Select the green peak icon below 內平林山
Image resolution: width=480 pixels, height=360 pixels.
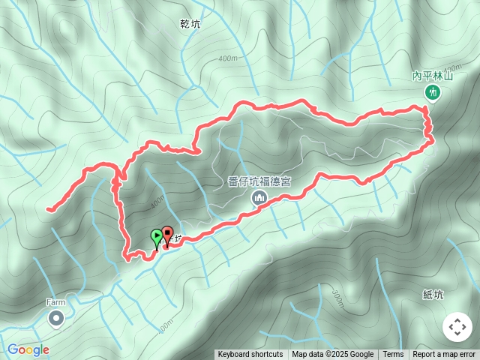(432, 92)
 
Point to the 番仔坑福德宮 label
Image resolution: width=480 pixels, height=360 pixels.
(259, 181)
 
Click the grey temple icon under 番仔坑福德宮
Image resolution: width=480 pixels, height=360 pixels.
(259, 197)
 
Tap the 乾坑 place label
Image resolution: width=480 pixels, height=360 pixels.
(190, 24)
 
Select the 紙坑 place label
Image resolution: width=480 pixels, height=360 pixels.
(433, 295)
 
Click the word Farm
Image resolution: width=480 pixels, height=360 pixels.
(55, 302)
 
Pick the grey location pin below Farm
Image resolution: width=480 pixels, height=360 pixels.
(56, 319)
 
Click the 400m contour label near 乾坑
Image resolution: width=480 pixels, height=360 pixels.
(227, 58)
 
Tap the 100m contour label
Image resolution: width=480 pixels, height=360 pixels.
(166, 323)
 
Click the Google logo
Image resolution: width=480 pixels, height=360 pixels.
(28, 349)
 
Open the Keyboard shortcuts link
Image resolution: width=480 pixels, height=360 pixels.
(250, 355)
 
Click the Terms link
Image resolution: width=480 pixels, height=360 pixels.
(393, 355)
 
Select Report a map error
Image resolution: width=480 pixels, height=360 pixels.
(444, 355)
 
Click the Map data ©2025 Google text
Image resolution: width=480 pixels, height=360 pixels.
(332, 355)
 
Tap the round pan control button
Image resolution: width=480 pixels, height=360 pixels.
(457, 327)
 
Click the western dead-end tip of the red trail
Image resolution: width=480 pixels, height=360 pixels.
(48, 209)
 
